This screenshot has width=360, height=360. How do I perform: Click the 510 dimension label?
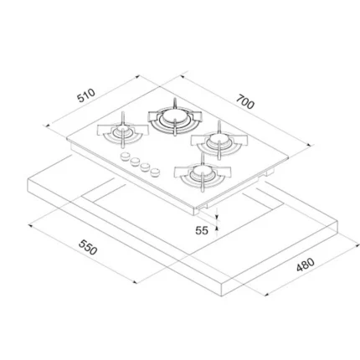[86, 95]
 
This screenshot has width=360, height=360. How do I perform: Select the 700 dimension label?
[245, 102]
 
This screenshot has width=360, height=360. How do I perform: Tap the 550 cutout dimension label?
[88, 247]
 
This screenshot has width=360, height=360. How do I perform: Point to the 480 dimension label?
[306, 265]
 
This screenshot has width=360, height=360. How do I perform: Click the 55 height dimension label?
[202, 230]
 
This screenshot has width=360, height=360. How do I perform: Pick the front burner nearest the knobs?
[203, 172]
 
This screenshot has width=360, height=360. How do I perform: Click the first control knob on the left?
[125, 157]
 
